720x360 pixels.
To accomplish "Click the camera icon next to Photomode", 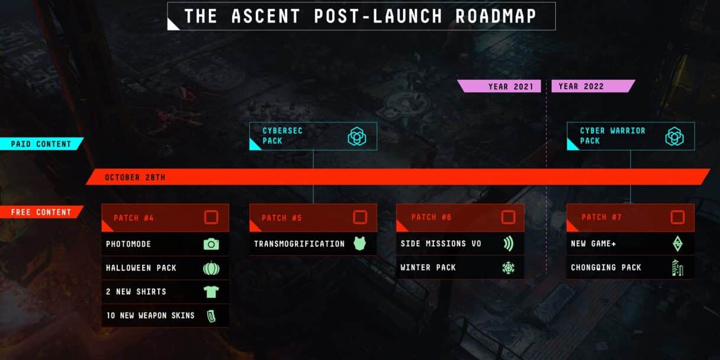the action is coord(211,245).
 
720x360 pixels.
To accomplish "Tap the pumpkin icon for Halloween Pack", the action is coord(211,268).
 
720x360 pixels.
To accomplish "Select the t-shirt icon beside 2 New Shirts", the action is coord(211,292).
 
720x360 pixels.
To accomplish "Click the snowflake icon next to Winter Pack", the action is coord(508,268).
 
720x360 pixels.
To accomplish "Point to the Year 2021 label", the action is coord(511,86).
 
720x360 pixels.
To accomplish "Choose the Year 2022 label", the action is coord(581,86).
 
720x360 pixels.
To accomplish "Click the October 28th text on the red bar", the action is coord(135,178).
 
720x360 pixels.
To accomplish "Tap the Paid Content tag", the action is coord(41,144).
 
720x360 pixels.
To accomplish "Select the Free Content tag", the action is coord(41,212).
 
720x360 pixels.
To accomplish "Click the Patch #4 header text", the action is coord(134,218).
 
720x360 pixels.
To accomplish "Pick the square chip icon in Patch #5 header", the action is coord(360,217).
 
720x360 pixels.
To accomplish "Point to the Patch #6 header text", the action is coord(432,217).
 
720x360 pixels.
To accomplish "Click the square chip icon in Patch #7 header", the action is coord(677,217).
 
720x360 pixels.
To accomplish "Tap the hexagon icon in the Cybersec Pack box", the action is coord(357,136).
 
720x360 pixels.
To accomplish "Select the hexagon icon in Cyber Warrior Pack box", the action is coord(674,136).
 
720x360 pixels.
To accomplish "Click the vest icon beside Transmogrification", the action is coord(359,243).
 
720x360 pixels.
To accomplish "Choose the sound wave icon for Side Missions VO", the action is coord(508,243).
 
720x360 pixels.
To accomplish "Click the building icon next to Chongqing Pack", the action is coord(677,268).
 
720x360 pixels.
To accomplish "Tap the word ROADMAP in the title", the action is coord(496,16).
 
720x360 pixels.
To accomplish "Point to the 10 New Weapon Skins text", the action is coord(150,316).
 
